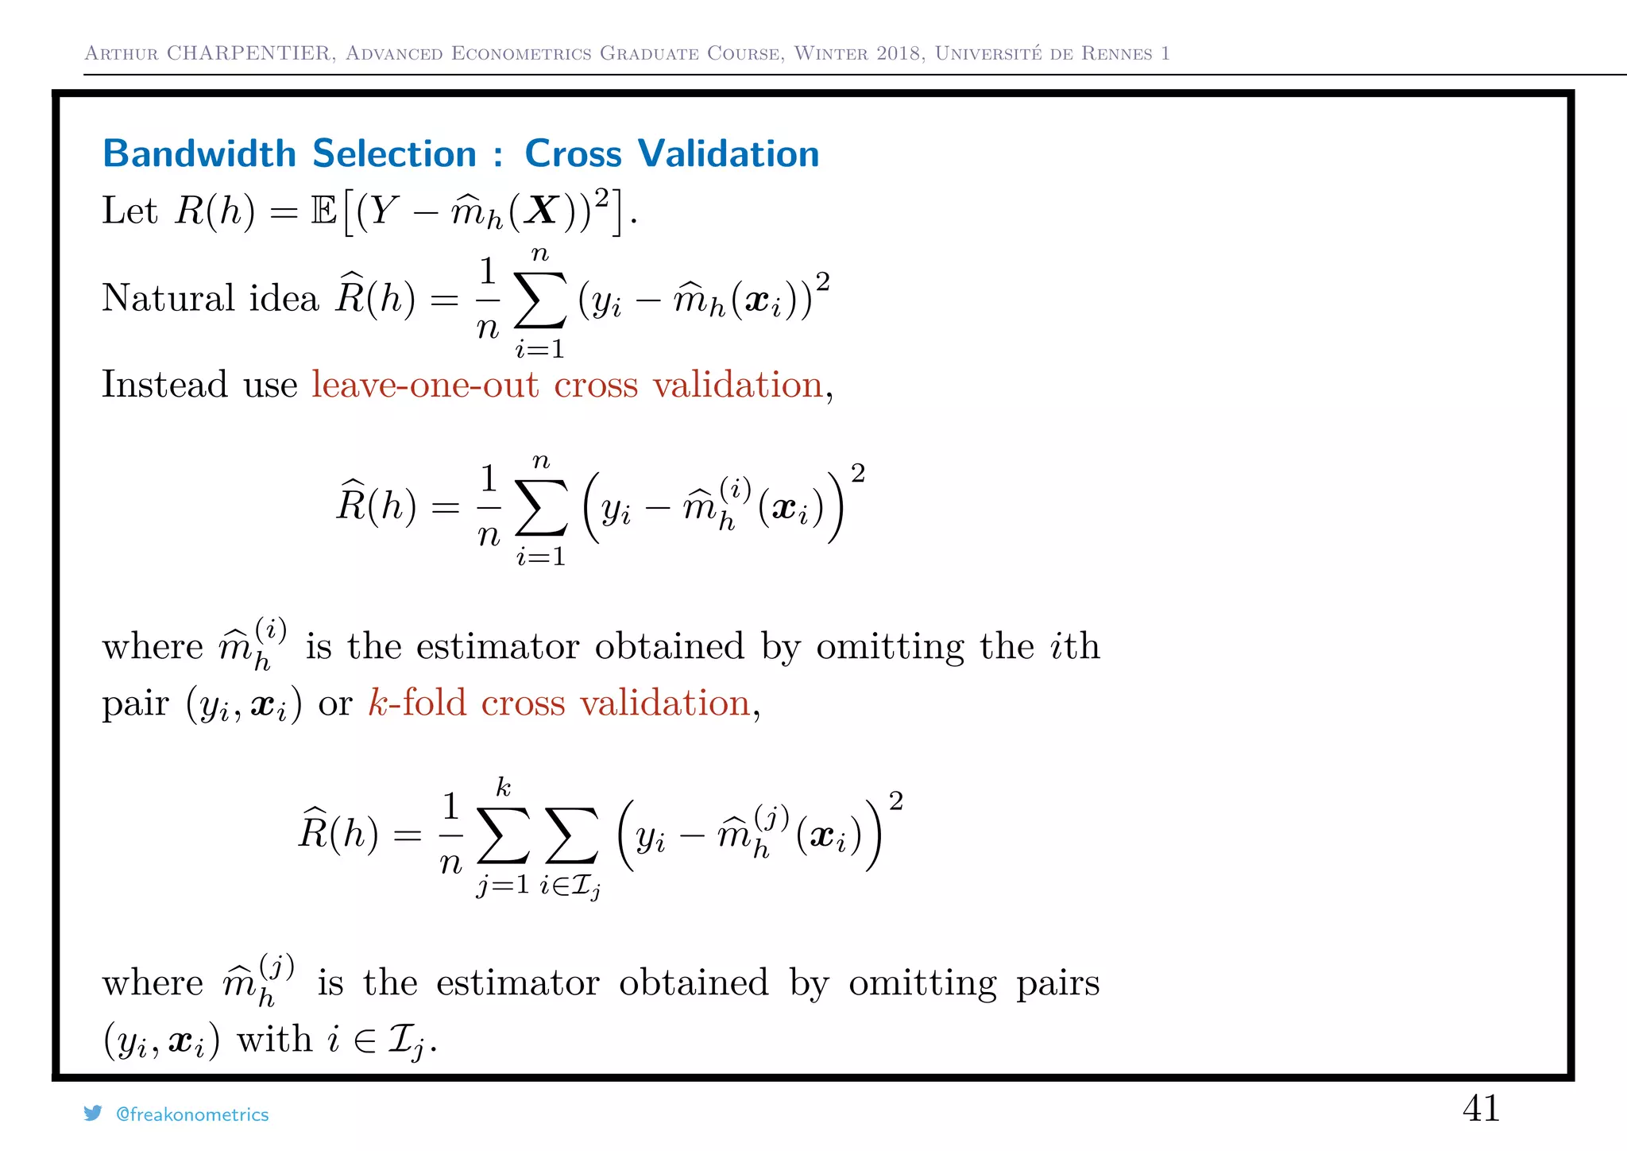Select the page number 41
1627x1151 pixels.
click(x=1481, y=1108)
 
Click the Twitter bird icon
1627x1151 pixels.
click(x=93, y=1114)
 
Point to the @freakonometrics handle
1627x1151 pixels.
click(x=192, y=1114)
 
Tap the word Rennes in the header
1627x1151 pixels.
click(x=1117, y=53)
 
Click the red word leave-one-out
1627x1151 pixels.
click(x=425, y=385)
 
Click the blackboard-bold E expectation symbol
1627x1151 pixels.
click(x=324, y=211)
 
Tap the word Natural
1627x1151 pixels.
click(x=168, y=298)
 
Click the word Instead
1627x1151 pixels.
click(x=165, y=385)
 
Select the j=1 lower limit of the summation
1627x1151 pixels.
click(x=502, y=884)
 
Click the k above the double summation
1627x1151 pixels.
click(x=503, y=788)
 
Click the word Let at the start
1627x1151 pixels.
click(x=129, y=211)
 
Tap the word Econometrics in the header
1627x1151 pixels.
click(x=521, y=53)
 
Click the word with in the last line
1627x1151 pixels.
click(x=274, y=1039)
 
